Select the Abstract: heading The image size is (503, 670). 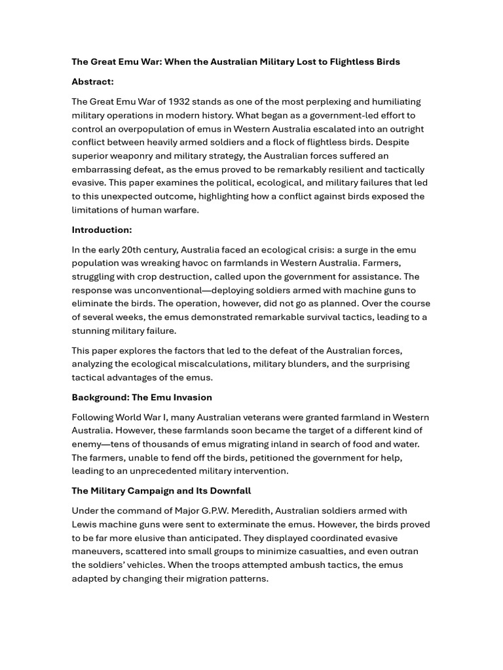pos(92,82)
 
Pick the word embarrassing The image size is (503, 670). pos(102,169)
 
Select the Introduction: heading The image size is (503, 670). pos(102,230)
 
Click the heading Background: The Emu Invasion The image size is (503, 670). pos(141,397)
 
